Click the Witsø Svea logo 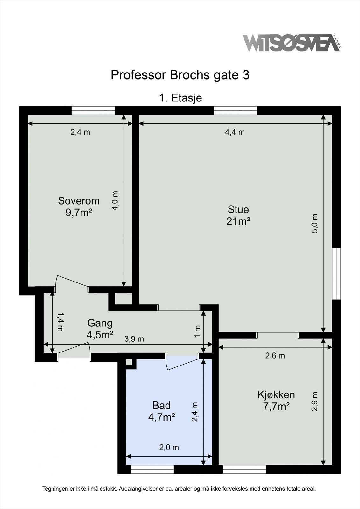tap(291, 43)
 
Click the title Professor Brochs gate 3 tap(180, 75)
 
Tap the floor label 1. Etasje tap(180, 98)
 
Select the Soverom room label tap(79, 201)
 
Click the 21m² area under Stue tap(238, 221)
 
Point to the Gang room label tap(100, 323)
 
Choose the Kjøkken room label tap(276, 395)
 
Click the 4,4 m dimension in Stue tap(235, 132)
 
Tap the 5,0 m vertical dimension tap(314, 223)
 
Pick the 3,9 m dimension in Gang tap(134, 339)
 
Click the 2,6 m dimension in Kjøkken tap(275, 356)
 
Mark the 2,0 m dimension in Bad tap(169, 448)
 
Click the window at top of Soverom tap(93, 110)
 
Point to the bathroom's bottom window tap(152, 470)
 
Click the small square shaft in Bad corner tap(129, 362)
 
